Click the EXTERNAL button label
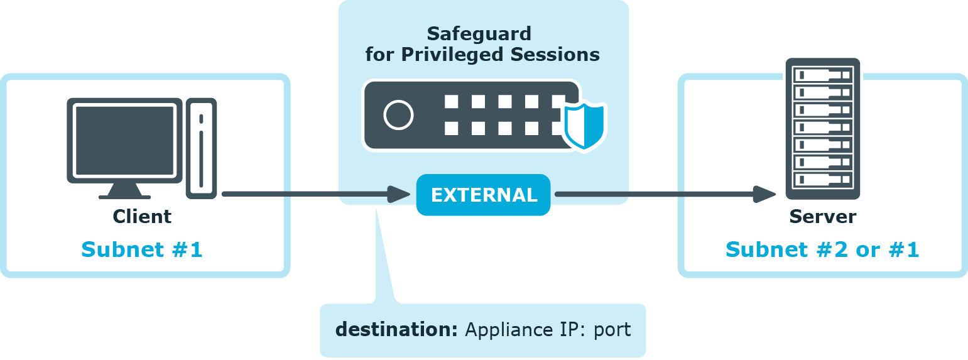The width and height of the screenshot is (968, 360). [x=484, y=195]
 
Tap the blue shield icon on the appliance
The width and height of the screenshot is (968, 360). [x=584, y=125]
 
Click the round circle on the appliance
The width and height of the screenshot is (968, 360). [x=398, y=115]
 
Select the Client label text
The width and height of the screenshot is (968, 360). [x=142, y=217]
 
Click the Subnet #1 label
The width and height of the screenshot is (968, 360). [x=142, y=249]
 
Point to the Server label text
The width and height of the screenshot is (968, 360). [x=822, y=217]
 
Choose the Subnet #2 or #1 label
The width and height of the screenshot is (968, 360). [x=822, y=249]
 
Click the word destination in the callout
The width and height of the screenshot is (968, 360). [x=396, y=329]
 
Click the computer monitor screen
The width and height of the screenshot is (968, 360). [x=124, y=140]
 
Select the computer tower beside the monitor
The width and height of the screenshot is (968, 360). [x=201, y=148]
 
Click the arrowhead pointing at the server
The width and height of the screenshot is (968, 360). [x=765, y=194]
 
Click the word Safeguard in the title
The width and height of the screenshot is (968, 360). [x=479, y=33]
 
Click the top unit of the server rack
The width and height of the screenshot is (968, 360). [x=822, y=75]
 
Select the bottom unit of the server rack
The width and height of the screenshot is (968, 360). [x=822, y=179]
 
